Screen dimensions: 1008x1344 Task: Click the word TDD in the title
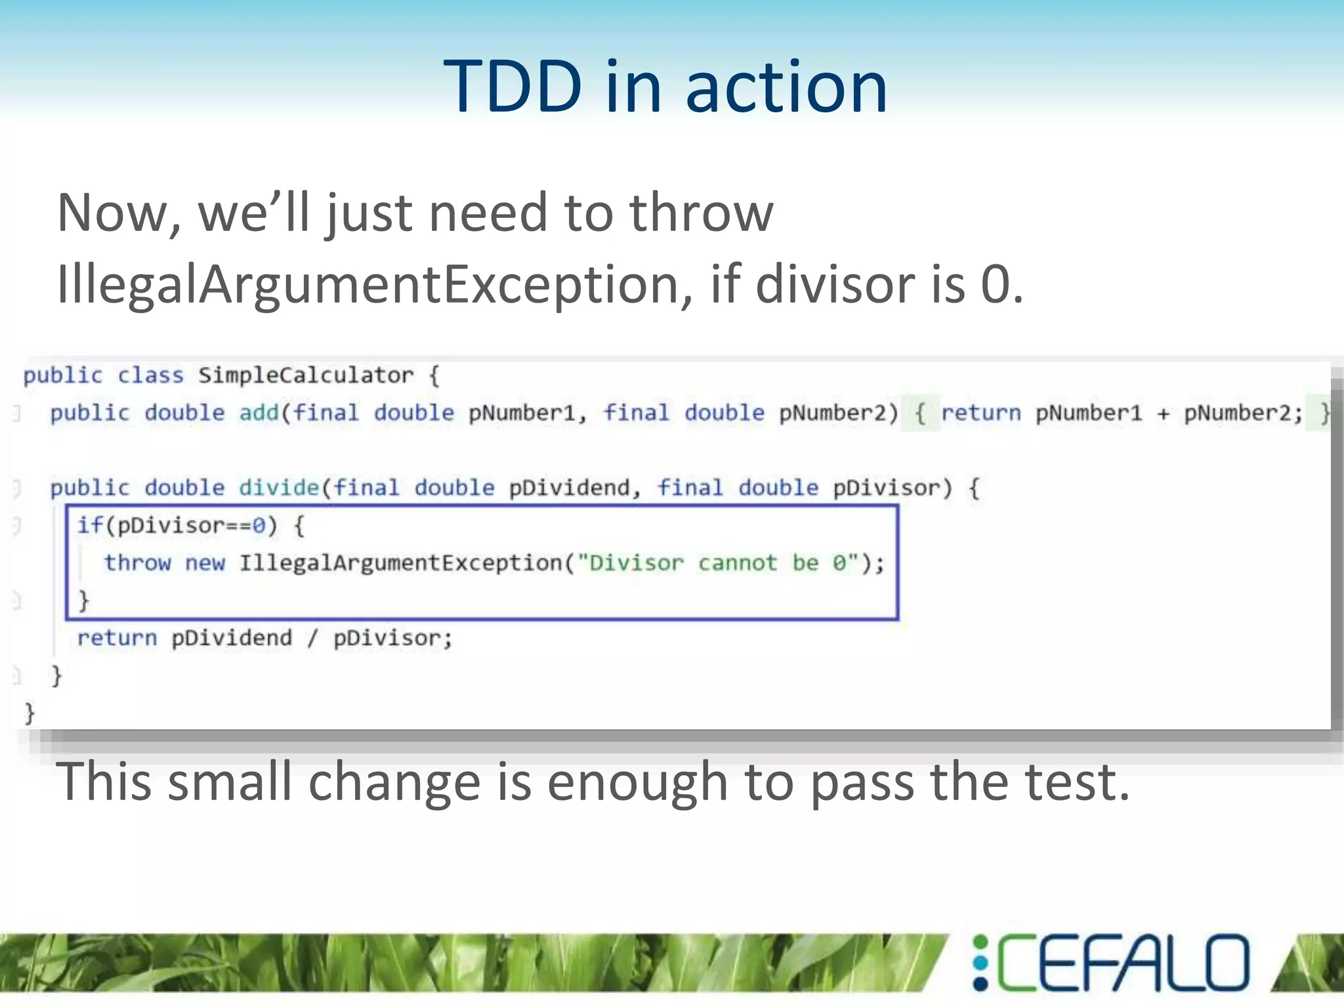pos(512,87)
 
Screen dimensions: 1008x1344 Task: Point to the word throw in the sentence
pos(701,213)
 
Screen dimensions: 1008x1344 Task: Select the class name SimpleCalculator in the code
pos(306,375)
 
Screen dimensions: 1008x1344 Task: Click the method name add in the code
pos(259,413)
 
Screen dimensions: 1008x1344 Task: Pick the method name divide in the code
pos(278,488)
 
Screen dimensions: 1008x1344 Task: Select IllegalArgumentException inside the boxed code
pos(400,563)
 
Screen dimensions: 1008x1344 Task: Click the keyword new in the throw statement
pos(205,563)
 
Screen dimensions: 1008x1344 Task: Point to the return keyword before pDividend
pos(117,638)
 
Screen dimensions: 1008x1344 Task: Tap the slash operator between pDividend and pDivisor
pos(312,638)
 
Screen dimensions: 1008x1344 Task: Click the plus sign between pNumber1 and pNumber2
pos(1163,413)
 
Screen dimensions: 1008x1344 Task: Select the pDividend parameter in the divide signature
pos(568,488)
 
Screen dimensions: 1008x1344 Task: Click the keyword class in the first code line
pos(150,375)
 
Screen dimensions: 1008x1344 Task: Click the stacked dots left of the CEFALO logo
pos(980,963)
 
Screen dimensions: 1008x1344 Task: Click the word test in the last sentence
pos(1076,782)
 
